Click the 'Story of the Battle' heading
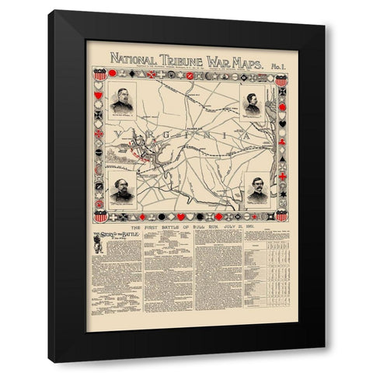pyautogui.click(x=114, y=235)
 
